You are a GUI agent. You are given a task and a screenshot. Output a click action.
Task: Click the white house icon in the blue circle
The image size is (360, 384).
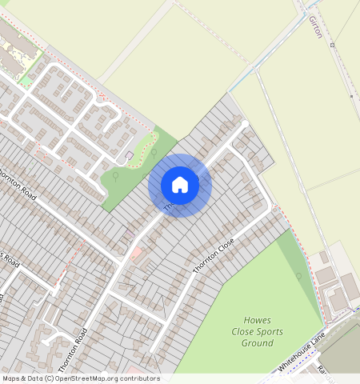pos(180,185)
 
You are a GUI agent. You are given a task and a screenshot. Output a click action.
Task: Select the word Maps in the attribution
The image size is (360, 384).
pos(12,378)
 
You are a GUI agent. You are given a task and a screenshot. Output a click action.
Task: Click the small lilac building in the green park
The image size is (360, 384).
pos(130,154)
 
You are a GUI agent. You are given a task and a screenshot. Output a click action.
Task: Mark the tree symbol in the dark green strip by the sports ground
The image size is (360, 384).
pos(298,277)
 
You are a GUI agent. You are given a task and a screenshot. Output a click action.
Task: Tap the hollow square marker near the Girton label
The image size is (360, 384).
pos(333,46)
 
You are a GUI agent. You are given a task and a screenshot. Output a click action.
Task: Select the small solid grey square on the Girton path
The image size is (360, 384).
pos(351,96)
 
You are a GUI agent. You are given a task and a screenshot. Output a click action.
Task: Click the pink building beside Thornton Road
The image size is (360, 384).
pos(135,253)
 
